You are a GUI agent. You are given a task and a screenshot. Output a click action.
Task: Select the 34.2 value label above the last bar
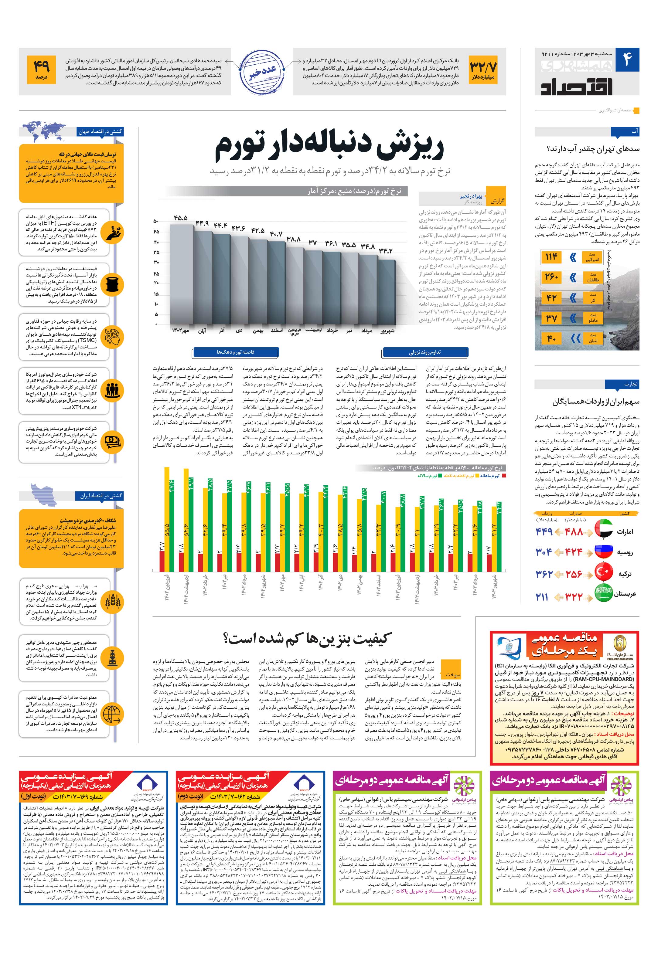click(x=385, y=250)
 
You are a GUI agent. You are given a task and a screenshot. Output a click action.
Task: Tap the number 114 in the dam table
click(x=551, y=257)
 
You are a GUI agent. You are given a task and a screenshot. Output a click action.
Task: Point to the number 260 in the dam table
click(x=551, y=277)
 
